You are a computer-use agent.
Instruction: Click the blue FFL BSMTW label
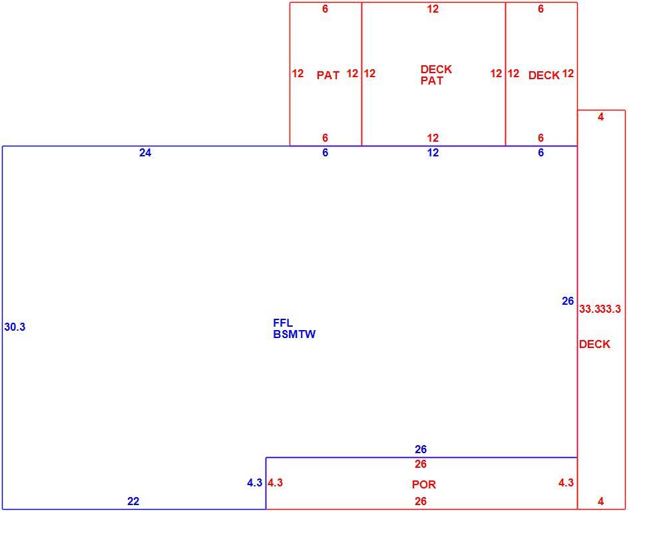click(x=294, y=329)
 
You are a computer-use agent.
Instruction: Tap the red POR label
click(x=423, y=484)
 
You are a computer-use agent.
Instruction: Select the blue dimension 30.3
click(x=15, y=327)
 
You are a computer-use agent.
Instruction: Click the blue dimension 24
click(x=145, y=153)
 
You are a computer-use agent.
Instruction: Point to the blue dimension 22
click(x=133, y=501)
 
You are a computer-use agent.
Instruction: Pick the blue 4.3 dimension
click(x=255, y=483)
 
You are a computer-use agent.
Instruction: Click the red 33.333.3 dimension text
click(x=600, y=309)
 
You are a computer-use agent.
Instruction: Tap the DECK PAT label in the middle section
click(x=436, y=75)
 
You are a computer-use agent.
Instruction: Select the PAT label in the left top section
click(x=328, y=76)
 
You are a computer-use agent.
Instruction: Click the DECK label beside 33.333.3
click(x=594, y=345)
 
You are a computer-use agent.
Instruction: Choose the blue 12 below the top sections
click(x=433, y=153)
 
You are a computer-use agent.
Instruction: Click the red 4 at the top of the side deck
click(x=600, y=116)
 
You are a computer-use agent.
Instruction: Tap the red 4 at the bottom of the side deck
click(x=600, y=501)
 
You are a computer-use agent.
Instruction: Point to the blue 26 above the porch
click(x=421, y=449)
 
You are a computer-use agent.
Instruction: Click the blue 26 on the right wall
click(x=568, y=301)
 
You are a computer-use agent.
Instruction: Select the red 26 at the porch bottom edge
click(x=421, y=501)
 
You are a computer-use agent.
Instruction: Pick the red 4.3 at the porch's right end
click(x=566, y=483)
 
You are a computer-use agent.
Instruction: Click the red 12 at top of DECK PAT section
click(x=433, y=9)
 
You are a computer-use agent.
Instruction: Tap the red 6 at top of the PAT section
click(x=325, y=9)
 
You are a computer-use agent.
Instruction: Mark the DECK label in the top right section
click(x=544, y=76)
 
